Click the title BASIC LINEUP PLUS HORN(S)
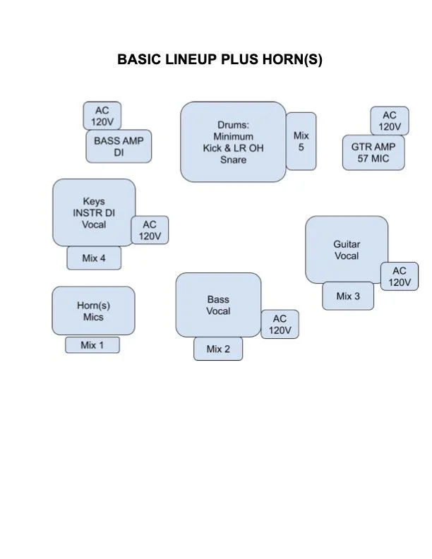pyautogui.click(x=220, y=60)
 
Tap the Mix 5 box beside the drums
pyautogui.click(x=301, y=141)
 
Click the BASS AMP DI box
pyautogui.click(x=119, y=147)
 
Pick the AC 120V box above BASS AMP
pyautogui.click(x=102, y=116)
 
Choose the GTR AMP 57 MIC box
pyautogui.click(x=374, y=152)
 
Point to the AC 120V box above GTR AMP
pyautogui.click(x=389, y=121)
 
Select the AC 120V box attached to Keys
pyautogui.click(x=150, y=230)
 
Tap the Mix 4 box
pyautogui.click(x=94, y=258)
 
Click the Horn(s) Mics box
pyautogui.click(x=93, y=311)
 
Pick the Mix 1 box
pyautogui.click(x=92, y=345)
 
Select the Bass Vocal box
pyautogui.click(x=218, y=306)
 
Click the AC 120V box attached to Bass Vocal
pyautogui.click(x=280, y=325)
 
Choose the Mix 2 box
pyautogui.click(x=218, y=349)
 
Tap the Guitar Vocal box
pyautogui.click(x=347, y=250)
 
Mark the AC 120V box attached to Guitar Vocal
pyautogui.click(x=399, y=277)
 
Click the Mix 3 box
pyautogui.click(x=348, y=296)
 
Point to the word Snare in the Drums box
pyautogui.click(x=233, y=160)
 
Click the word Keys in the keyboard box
pyautogui.click(x=94, y=201)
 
